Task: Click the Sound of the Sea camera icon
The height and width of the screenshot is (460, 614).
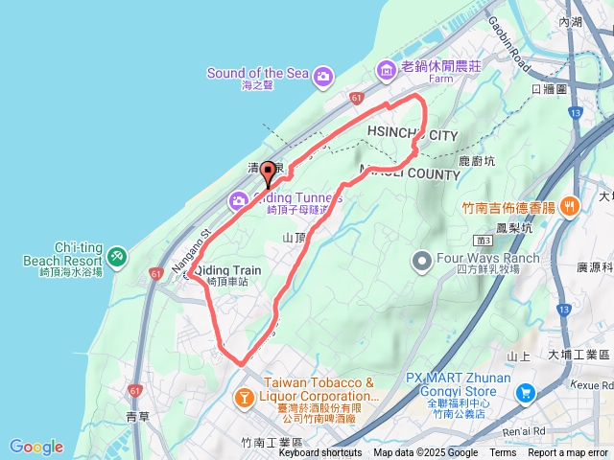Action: pos(324,76)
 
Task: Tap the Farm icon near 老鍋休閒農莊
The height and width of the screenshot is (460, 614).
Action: pos(386,69)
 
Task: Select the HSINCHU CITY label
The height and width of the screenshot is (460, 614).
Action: pos(413,135)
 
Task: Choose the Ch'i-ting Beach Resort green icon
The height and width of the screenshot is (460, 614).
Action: pos(116,256)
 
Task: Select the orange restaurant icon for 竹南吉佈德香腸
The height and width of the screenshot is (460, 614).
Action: pos(570,205)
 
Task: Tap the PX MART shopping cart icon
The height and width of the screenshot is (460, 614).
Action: pos(526,393)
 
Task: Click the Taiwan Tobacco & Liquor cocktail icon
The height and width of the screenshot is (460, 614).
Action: pos(245,396)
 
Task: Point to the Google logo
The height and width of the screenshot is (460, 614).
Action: pos(36,447)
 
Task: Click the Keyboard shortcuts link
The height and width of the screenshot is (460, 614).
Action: pos(320,453)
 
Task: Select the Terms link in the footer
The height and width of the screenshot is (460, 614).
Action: pos(503,453)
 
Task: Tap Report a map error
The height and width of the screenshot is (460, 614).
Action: pos(569,453)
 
